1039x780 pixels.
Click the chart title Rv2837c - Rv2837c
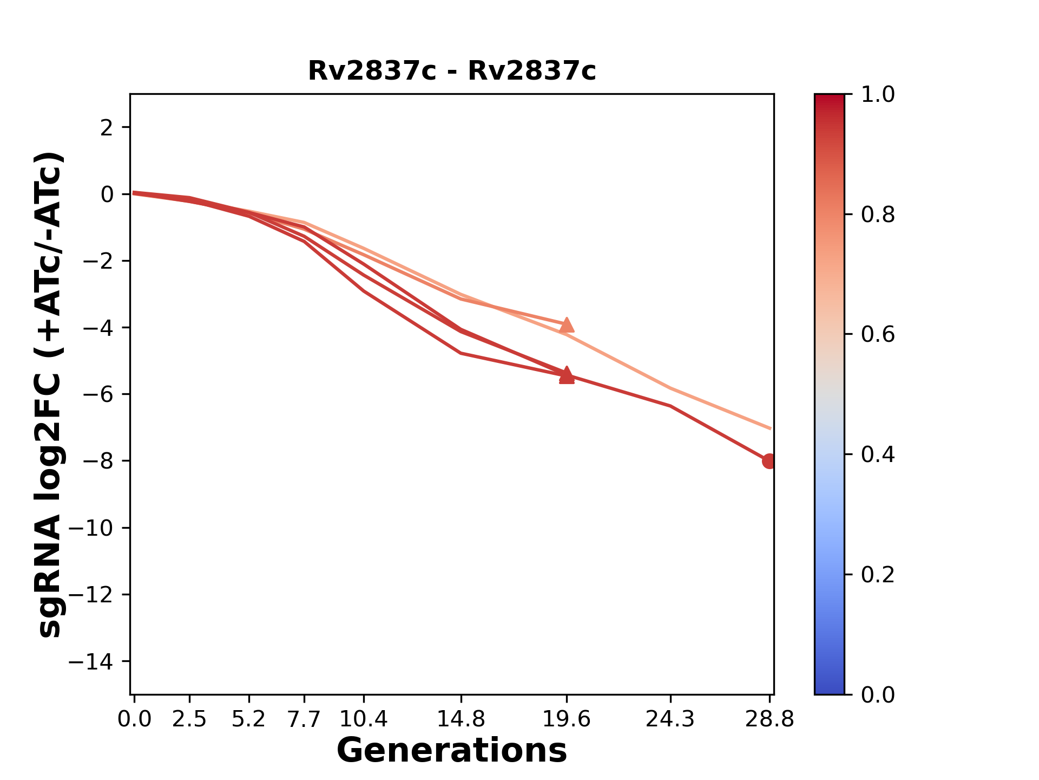pyautogui.click(x=452, y=71)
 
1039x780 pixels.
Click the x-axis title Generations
pyautogui.click(x=452, y=751)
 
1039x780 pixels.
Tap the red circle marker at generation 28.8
pyautogui.click(x=769, y=461)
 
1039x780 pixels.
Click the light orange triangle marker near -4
pyautogui.click(x=567, y=325)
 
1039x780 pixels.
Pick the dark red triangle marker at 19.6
pyautogui.click(x=567, y=375)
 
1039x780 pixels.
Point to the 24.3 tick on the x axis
pyautogui.click(x=670, y=719)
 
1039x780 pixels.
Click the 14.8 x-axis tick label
pyautogui.click(x=461, y=719)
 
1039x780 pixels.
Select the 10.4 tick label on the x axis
pyautogui.click(x=364, y=719)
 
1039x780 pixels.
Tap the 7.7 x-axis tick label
pyautogui.click(x=304, y=719)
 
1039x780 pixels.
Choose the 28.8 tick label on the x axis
pyautogui.click(x=770, y=719)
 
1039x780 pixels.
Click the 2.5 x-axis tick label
pyautogui.click(x=189, y=719)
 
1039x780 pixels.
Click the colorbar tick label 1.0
pyautogui.click(x=878, y=95)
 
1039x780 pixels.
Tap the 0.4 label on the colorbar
pyautogui.click(x=878, y=454)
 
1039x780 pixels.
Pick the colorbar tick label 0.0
pyautogui.click(x=878, y=694)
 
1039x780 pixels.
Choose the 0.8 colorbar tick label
pyautogui.click(x=878, y=215)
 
